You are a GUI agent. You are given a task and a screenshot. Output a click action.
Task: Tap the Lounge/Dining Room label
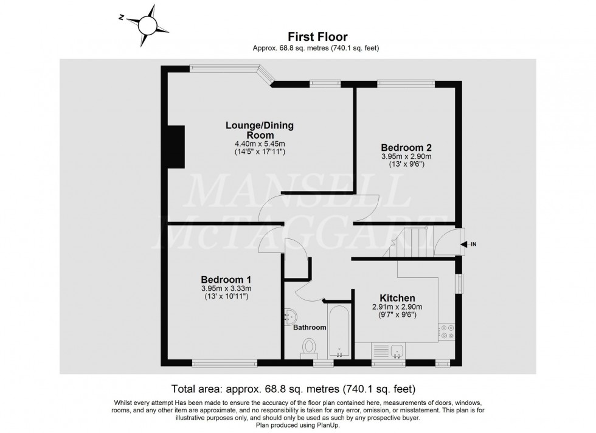259,130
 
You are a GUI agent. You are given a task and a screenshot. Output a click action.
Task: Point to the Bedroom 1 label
226,279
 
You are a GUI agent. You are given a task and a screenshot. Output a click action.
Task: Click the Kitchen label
397,298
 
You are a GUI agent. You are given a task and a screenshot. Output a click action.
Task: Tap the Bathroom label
310,327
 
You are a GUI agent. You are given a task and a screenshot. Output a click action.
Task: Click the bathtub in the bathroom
339,333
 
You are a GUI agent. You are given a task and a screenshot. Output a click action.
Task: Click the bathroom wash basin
290,316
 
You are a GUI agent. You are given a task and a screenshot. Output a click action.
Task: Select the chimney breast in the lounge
176,146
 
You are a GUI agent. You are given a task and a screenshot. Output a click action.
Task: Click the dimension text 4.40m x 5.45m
259,144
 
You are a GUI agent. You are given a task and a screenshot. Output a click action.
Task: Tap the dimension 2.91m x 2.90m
397,307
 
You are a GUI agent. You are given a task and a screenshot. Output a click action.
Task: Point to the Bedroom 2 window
406,83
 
